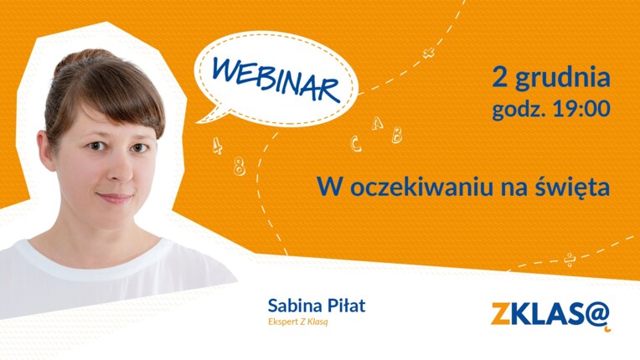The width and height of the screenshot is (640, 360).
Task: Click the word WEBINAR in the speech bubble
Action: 276,79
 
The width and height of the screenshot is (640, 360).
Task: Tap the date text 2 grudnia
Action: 551,77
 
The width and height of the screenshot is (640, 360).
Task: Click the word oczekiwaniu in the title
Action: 421,188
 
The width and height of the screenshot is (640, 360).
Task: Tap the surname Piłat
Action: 346,306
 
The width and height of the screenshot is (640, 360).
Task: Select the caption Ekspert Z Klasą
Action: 298,321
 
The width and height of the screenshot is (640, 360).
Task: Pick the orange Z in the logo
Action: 501,313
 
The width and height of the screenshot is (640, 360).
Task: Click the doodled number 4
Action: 218,146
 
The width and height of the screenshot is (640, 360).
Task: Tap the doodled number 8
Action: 240,166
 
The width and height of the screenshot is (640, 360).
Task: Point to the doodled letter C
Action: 356,144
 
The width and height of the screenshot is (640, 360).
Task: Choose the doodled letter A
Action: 378,123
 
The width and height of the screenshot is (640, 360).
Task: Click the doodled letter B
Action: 397,135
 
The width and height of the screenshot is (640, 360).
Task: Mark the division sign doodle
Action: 570,260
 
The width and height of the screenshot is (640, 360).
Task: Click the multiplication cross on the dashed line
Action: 429,53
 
